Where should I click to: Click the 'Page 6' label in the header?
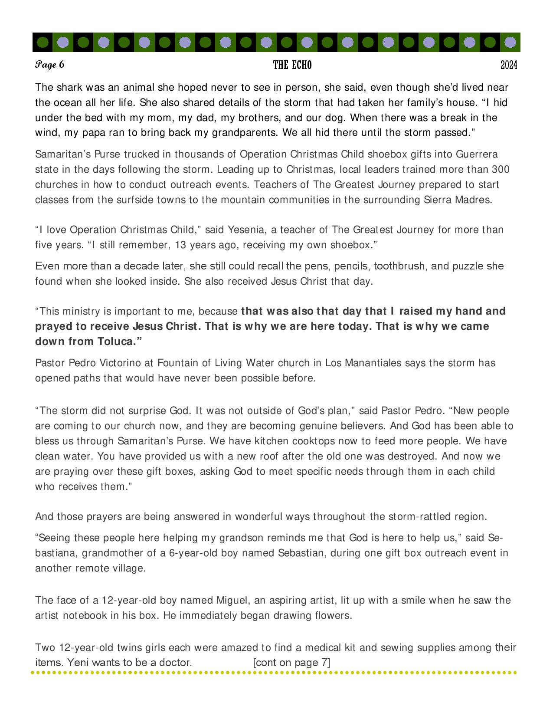(x=50, y=65)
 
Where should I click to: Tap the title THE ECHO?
(x=292, y=65)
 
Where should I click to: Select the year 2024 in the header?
(x=509, y=65)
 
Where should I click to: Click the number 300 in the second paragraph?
(x=501, y=170)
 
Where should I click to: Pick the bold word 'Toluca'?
(x=115, y=342)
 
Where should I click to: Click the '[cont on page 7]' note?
(x=291, y=663)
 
